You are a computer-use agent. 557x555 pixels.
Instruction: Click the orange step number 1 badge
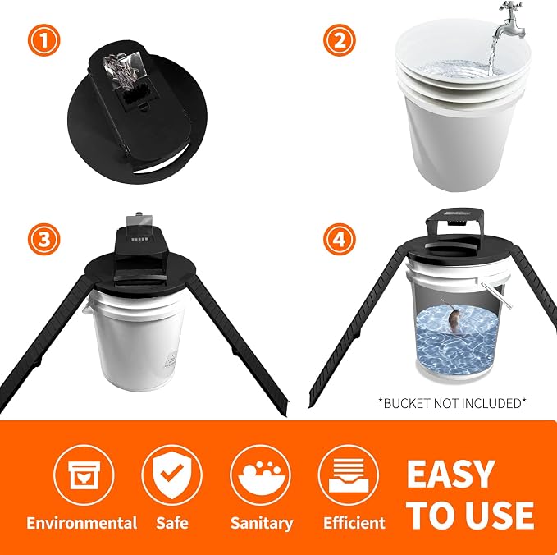(44, 40)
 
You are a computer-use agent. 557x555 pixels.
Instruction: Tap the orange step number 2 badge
(340, 40)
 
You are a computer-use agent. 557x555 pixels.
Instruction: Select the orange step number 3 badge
(44, 239)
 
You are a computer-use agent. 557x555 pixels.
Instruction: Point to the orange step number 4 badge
(340, 239)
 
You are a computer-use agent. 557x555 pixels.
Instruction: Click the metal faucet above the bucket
(510, 21)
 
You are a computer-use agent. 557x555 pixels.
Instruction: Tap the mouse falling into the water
(454, 319)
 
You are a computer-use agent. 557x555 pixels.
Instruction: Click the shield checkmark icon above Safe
(172, 475)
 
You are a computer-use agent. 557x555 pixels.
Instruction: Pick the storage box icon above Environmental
(84, 475)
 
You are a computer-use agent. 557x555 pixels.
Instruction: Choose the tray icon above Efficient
(349, 475)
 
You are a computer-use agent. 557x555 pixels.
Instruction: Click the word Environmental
(82, 523)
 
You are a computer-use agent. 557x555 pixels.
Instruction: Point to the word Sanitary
(262, 523)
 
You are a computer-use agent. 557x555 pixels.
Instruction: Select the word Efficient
(354, 523)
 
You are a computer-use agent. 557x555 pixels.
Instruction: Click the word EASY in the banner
(451, 474)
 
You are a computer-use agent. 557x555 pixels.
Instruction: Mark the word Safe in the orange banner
(172, 523)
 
